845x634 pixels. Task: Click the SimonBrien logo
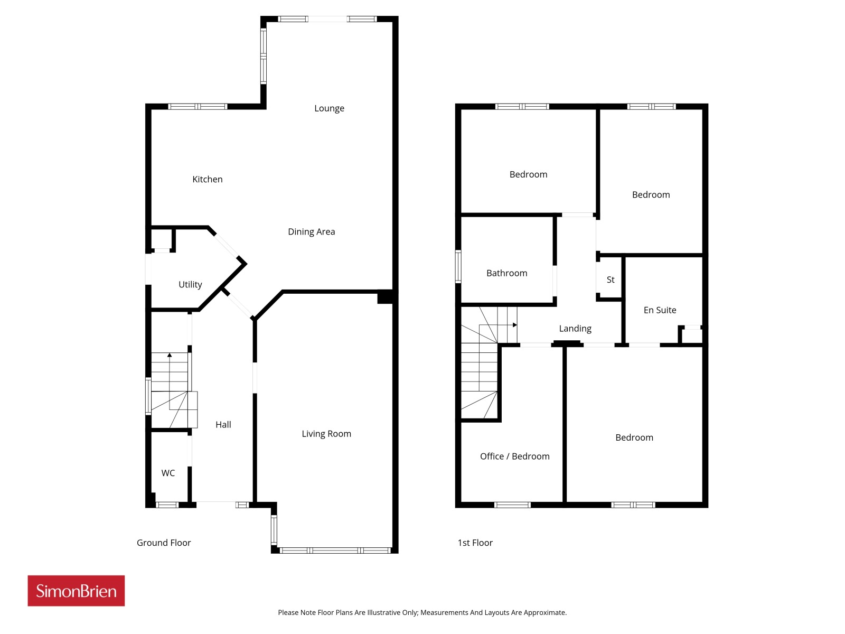point(76,591)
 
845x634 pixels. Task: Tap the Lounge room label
point(329,108)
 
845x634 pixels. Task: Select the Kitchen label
point(207,179)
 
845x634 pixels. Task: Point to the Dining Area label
point(312,232)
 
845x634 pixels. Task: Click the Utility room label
point(190,284)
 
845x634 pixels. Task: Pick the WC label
point(168,473)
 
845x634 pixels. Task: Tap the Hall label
point(223,425)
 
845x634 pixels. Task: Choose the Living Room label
point(326,434)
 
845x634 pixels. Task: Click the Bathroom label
point(506,273)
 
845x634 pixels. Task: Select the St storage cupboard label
point(611,280)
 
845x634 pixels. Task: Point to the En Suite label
point(660,310)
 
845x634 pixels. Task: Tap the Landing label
point(575,329)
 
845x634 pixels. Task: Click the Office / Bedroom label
point(515,456)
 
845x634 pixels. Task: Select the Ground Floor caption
point(164,543)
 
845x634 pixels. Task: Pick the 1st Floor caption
point(475,543)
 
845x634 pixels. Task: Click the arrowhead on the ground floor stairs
point(170,355)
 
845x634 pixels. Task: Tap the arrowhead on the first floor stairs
point(515,325)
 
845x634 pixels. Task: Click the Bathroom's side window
point(458,266)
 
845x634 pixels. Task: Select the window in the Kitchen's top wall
point(198,107)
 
